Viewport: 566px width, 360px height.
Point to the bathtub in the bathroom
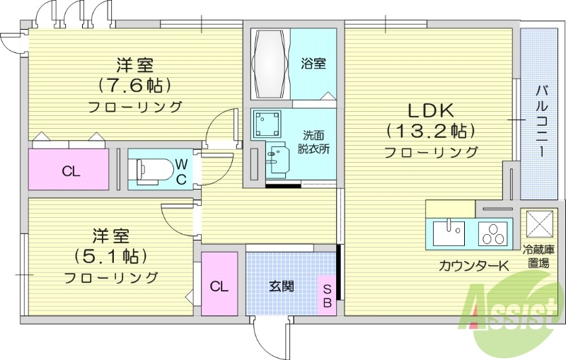(x=269, y=63)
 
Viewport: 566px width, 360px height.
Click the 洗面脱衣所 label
(x=310, y=141)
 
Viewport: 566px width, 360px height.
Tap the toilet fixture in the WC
(x=151, y=169)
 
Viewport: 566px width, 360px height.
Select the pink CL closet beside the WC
(x=69, y=170)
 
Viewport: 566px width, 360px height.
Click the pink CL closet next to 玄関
(x=219, y=286)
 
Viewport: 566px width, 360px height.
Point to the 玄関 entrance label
(x=280, y=286)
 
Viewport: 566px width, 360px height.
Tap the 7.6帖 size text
(x=134, y=86)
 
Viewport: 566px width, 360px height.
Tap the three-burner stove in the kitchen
(x=493, y=232)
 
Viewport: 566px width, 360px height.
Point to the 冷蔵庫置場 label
(x=543, y=257)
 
